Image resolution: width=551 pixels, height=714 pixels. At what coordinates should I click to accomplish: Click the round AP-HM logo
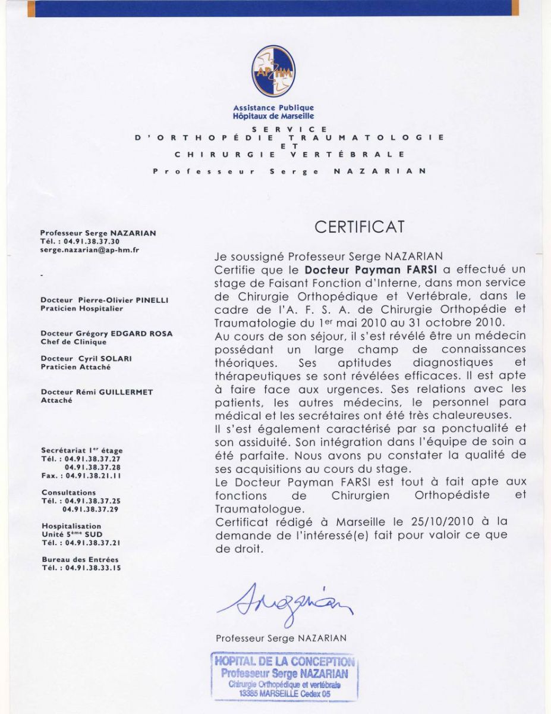click(x=273, y=71)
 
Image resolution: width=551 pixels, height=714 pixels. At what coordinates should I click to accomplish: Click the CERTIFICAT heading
click(x=359, y=227)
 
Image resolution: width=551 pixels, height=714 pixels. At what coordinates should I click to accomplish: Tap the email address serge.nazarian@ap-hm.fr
click(x=89, y=250)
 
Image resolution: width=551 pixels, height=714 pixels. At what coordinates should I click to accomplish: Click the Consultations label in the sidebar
click(x=68, y=493)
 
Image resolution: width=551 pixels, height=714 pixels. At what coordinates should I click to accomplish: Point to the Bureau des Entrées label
click(x=80, y=559)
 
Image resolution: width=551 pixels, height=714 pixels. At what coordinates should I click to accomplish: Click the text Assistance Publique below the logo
click(x=273, y=108)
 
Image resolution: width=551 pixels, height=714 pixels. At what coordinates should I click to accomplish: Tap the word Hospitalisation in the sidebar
click(x=71, y=526)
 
